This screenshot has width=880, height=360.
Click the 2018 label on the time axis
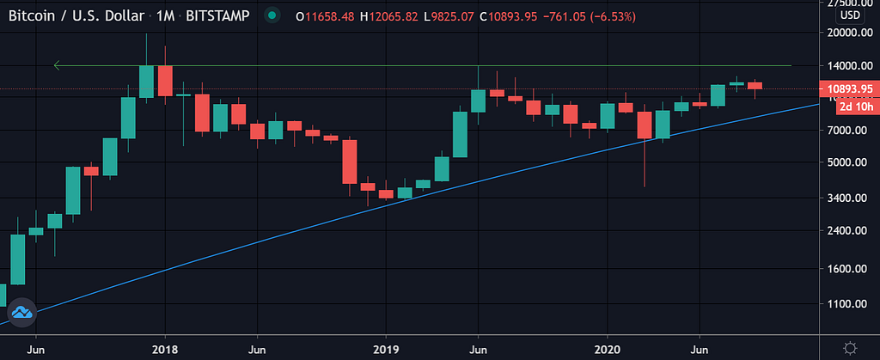(164, 350)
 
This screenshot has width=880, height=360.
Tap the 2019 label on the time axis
(386, 350)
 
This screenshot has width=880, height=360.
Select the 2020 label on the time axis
(608, 350)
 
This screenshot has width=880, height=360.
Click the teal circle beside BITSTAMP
(272, 15)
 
